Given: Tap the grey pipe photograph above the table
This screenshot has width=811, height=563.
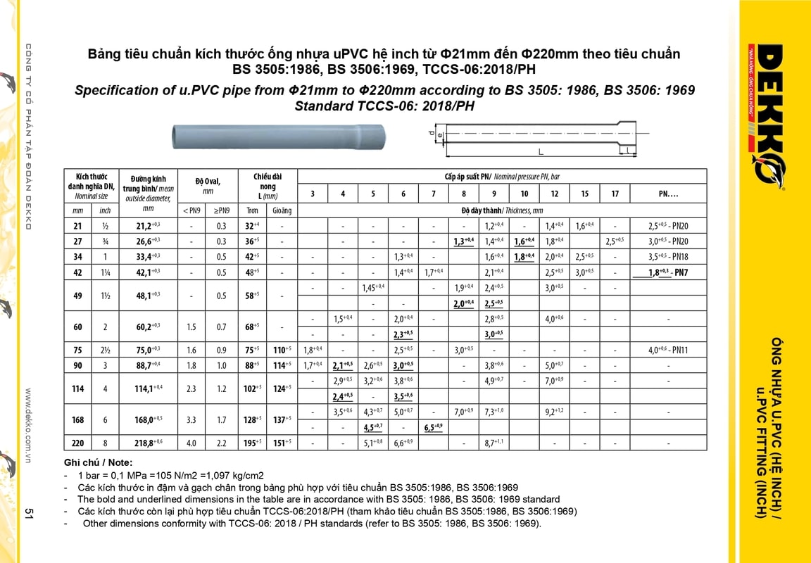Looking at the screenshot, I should (279, 134).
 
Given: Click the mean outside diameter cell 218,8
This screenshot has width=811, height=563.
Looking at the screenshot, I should (146, 443).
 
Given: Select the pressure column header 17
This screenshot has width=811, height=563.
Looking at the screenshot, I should (615, 194).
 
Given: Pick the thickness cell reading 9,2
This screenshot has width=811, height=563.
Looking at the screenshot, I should (554, 412).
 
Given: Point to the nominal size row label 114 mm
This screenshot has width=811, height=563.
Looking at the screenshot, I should (77, 388).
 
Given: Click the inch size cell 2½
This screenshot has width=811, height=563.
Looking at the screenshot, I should (105, 349).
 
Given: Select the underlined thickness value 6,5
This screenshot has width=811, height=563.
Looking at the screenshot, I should (434, 427).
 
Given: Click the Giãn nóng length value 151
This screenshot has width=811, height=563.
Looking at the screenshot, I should (282, 443).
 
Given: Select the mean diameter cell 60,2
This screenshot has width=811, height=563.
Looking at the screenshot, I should (146, 327).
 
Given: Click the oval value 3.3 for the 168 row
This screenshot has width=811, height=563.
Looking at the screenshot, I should (191, 419).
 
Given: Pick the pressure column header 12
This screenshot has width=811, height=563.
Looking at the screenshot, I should (555, 194).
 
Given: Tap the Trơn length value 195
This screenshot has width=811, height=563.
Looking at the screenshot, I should (252, 443).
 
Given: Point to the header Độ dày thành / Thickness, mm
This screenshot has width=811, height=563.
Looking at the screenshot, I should (502, 210).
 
